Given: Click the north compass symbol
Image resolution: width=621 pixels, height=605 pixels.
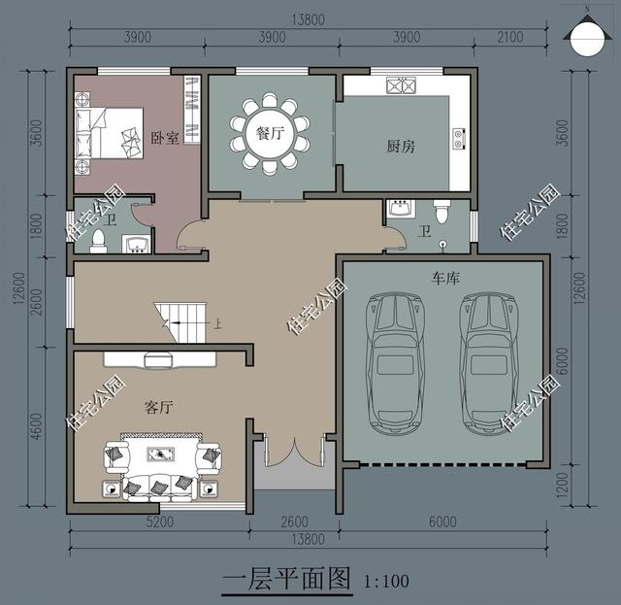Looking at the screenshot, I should click(x=587, y=38).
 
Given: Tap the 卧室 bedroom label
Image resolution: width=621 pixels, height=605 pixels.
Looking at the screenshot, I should click(x=165, y=138).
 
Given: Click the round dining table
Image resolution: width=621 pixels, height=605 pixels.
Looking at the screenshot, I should click(x=270, y=134).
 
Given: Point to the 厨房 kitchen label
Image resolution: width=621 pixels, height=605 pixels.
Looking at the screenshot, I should click(x=401, y=147).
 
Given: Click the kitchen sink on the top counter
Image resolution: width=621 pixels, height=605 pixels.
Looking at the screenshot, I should click(x=401, y=85).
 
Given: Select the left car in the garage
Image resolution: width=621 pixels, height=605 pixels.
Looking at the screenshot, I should click(x=396, y=362).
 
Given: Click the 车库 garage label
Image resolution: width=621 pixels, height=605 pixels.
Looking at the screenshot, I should click(x=445, y=278).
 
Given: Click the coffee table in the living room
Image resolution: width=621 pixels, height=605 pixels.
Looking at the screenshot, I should click(x=161, y=454).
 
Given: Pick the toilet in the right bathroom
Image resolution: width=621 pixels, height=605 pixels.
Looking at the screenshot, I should click(x=442, y=210).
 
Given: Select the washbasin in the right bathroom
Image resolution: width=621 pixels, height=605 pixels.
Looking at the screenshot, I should click(x=399, y=208).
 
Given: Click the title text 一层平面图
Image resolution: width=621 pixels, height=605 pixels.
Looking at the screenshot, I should click(x=286, y=580).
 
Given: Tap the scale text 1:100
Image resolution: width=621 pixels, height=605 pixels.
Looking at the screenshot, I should click(x=386, y=583).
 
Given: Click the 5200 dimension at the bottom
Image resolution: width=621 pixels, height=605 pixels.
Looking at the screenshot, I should click(x=159, y=521).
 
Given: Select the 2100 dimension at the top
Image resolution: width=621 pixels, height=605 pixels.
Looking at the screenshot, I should click(x=507, y=37).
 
